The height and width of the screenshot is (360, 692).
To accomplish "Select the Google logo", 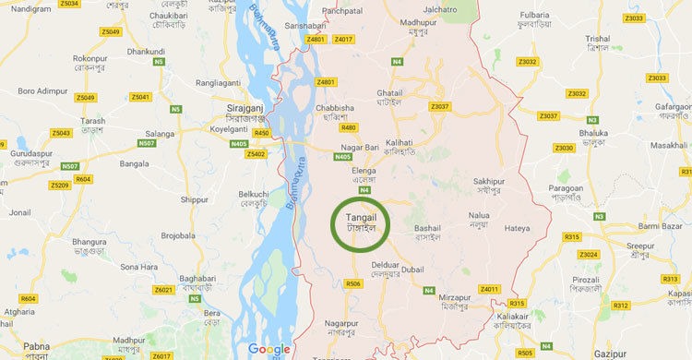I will click(268, 349).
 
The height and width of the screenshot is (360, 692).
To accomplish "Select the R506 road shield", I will click(352, 284).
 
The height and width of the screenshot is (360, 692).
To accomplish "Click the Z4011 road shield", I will click(488, 289).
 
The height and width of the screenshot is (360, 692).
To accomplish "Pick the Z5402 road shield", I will click(257, 154).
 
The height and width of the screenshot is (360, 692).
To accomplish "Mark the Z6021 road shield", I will click(163, 290).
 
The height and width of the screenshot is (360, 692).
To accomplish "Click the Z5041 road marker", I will click(139, 96).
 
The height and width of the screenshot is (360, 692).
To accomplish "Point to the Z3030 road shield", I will click(564, 148).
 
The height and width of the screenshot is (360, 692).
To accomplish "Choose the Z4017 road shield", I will click(344, 40).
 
